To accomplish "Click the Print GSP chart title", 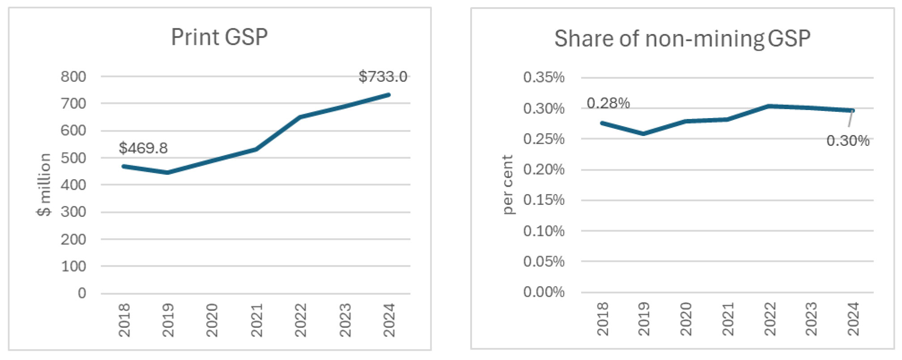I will click(219, 37).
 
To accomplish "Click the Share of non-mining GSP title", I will click(682, 38).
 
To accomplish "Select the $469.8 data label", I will click(143, 148).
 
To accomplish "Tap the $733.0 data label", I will click(383, 76).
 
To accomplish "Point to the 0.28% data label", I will click(608, 103).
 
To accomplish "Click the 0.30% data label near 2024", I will click(847, 141).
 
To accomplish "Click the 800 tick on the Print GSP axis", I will click(73, 76).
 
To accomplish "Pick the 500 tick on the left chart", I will click(73, 158).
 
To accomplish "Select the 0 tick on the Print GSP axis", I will click(82, 293).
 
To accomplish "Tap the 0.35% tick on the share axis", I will click(544, 77).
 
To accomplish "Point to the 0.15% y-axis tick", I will click(544, 200).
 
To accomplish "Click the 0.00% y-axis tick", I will click(544, 292).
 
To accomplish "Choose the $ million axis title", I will click(44, 185).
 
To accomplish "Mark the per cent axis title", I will click(507, 185).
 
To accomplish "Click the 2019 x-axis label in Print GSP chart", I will click(168, 320).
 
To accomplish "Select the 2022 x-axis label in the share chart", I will click(770, 318).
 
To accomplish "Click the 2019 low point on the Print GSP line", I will click(167, 173).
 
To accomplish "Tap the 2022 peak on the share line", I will click(769, 106).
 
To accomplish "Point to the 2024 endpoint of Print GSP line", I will click(389, 95).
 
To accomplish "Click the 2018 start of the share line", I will click(602, 123).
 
